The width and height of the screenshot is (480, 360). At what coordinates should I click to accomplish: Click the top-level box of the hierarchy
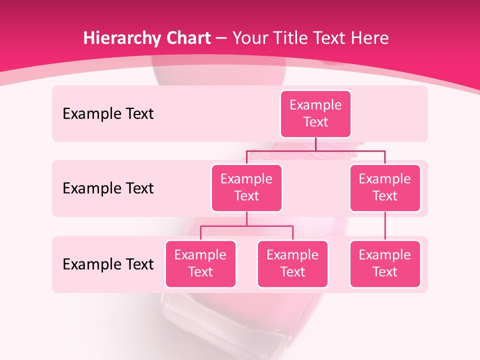pos(315,114)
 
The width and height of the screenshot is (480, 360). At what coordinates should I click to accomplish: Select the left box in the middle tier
pos(246,187)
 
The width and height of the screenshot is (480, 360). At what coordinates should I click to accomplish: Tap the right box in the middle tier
pos(385,187)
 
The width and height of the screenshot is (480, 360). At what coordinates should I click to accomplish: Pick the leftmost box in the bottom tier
pos(200,263)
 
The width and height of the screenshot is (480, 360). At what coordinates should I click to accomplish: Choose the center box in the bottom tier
pos(292,263)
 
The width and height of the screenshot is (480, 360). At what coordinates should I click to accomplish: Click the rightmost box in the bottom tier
pos(385,263)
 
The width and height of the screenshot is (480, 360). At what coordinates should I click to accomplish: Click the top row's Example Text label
pos(108,114)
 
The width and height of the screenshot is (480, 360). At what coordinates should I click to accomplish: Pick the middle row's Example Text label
pos(108,188)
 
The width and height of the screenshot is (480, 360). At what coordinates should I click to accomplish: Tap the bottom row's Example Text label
pos(108,264)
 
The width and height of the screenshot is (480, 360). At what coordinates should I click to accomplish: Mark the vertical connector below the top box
pos(315,144)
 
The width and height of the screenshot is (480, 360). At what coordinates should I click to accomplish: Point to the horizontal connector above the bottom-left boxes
pos(246,226)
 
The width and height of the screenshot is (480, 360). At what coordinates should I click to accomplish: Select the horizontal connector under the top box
pos(350,150)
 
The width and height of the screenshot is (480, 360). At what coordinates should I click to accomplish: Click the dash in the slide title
pos(221,38)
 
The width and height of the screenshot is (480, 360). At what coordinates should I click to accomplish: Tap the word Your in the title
pos(249,38)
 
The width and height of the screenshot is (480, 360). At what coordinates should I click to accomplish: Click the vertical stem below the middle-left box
pos(246,218)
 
